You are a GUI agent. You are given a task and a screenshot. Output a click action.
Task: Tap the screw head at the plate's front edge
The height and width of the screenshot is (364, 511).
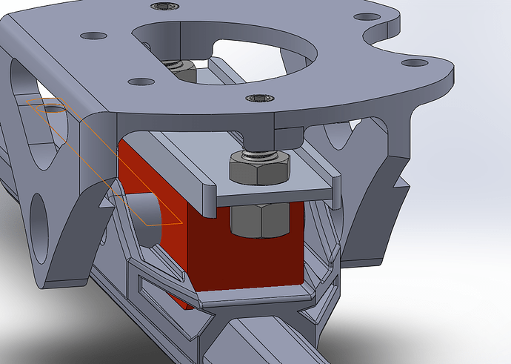tap(258, 99)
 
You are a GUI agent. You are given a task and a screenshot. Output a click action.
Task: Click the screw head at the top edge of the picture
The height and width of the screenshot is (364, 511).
tap(162, 7)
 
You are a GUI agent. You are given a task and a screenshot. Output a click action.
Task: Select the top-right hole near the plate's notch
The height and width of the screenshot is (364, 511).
tap(364, 16)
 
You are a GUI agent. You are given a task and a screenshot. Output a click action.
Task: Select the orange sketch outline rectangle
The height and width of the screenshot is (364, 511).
tap(104, 163)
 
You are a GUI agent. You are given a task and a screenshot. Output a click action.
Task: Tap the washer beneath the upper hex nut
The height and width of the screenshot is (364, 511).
tap(260, 156)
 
